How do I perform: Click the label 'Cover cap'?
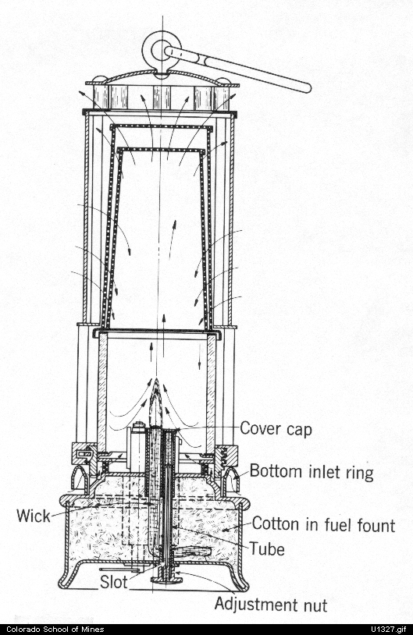pyautogui.click(x=276, y=429)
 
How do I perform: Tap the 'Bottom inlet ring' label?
pyautogui.click(x=312, y=472)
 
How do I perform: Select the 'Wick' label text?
pyautogui.click(x=34, y=516)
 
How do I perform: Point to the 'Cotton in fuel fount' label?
pyautogui.click(x=323, y=524)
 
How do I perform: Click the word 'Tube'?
pyautogui.click(x=266, y=549)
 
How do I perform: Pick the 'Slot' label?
pyautogui.click(x=114, y=582)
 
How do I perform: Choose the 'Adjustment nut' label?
pyautogui.click(x=271, y=605)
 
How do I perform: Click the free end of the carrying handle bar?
pyautogui.click(x=306, y=87)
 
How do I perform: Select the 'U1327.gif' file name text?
pyautogui.click(x=388, y=630)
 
